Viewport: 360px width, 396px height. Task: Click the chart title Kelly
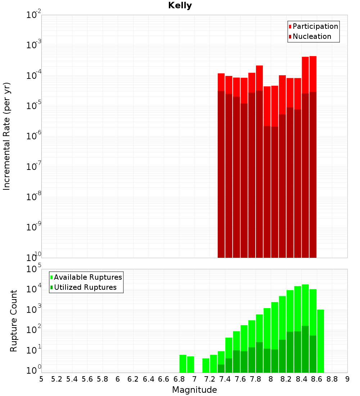(180, 6)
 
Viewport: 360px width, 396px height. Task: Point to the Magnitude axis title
(194, 390)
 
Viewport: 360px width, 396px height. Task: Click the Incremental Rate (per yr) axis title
(7, 136)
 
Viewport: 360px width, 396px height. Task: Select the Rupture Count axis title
(14, 321)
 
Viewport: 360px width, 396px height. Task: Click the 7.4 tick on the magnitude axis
(225, 379)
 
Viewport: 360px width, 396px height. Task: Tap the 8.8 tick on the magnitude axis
(332, 379)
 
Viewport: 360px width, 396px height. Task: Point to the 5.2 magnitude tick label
(57, 379)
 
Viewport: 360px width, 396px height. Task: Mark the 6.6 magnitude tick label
(164, 379)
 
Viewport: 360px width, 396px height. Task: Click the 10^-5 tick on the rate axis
(33, 106)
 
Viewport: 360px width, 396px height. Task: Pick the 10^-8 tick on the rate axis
(33, 197)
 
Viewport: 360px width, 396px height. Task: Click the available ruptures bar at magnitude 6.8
(183, 364)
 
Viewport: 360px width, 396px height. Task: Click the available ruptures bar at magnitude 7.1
(206, 365)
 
